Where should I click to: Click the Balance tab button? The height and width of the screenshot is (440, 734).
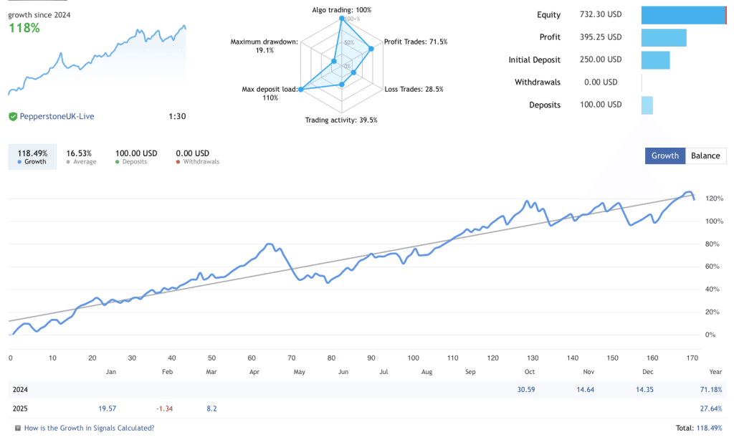point(705,156)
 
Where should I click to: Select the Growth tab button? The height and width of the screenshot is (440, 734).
point(664,156)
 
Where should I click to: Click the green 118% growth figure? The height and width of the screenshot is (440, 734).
point(24,28)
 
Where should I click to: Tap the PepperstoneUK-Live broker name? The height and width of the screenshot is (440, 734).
point(57,116)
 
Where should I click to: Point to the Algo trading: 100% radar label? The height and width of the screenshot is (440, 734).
point(341,10)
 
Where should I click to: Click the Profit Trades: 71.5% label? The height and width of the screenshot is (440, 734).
point(416,42)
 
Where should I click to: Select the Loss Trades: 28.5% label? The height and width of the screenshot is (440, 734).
point(414,90)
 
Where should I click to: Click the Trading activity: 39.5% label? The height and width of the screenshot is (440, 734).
point(341,120)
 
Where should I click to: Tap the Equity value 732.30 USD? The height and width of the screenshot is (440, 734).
point(601,15)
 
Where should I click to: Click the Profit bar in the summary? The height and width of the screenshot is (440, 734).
point(664,37)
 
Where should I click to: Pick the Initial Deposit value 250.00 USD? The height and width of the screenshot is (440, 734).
point(601,60)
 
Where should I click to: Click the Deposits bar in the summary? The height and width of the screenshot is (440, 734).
point(647,105)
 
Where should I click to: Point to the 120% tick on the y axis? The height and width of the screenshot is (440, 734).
point(715,199)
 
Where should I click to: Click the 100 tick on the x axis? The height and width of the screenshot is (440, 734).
point(412,358)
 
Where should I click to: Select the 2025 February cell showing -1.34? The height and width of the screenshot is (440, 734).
point(164,408)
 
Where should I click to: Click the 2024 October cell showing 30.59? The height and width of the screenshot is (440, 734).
point(527,390)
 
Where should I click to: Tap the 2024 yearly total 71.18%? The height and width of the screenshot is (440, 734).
point(712,390)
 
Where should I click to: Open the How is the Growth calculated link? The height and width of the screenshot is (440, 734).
point(89,428)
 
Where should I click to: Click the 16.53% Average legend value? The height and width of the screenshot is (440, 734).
point(79,153)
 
